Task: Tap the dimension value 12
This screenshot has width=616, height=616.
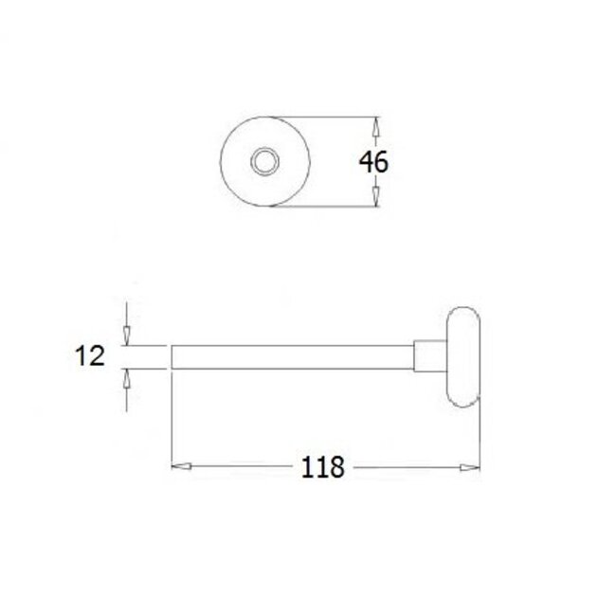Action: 90,356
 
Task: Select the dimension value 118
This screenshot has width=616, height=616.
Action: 322,467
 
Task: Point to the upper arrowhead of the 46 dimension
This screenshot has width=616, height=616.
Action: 375,127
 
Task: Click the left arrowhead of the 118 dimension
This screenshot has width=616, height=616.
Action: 180,466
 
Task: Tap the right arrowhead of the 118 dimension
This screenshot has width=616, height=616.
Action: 468,466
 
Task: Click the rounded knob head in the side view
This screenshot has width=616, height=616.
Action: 462,355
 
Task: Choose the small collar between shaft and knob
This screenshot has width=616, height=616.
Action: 426,355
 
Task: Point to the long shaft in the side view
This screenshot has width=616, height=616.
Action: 294,355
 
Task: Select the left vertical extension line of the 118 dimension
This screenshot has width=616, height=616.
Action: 171,417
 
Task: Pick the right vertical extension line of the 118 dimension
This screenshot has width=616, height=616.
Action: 479,436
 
